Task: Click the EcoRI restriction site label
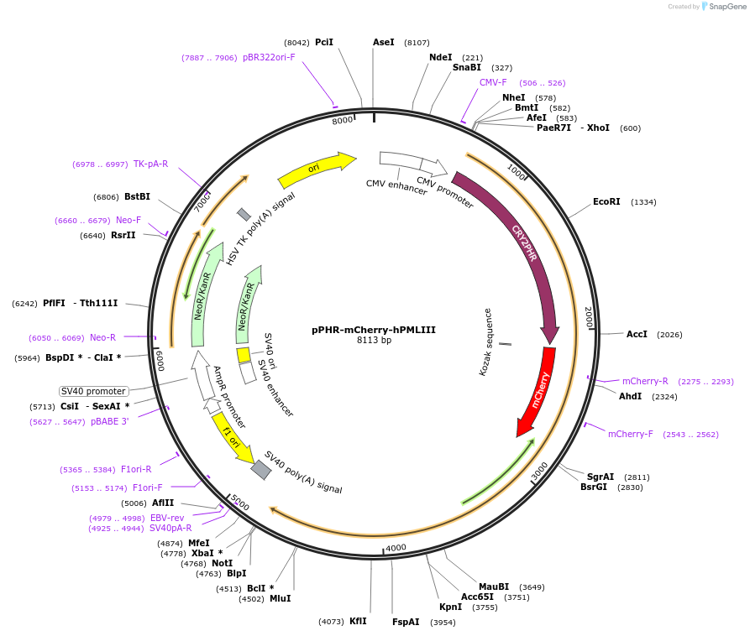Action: pos(606,201)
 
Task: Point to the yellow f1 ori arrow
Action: pos(232,437)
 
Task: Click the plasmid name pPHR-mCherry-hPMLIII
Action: pos(374,329)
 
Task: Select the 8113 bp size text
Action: pos(374,340)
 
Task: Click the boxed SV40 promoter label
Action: pos(93,391)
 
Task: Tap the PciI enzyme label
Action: pos(324,42)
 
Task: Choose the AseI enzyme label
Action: pos(384,42)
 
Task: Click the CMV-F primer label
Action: pos(493,82)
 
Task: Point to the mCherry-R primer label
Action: pos(645,381)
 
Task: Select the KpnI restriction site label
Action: pos(450,607)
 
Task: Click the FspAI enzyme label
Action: pos(406,622)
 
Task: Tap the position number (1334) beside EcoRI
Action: pos(643,202)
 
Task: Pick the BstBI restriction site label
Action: pos(138,196)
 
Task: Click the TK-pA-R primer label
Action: pos(150,164)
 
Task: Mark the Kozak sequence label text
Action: pos(488,341)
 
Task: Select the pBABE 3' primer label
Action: pos(110,421)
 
